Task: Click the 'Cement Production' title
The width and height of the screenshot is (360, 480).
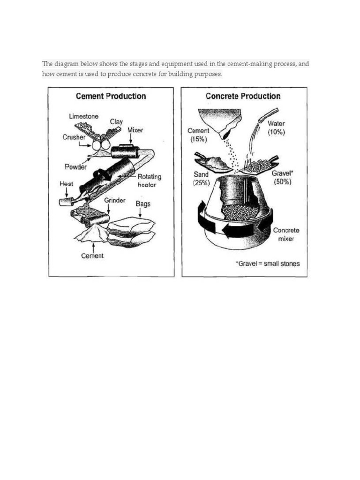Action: (111, 96)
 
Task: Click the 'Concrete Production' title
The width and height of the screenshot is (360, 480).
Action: (243, 96)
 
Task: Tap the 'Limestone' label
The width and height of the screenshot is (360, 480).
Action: (83, 116)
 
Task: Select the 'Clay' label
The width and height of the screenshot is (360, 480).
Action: (116, 122)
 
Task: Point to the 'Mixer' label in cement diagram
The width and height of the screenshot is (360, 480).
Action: (135, 130)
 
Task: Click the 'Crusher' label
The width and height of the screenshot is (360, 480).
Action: (74, 137)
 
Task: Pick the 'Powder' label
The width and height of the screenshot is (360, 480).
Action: (75, 166)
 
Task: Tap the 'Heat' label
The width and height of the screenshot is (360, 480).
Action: (67, 184)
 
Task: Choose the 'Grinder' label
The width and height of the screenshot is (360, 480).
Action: (114, 200)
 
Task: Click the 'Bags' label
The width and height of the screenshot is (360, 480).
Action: (143, 204)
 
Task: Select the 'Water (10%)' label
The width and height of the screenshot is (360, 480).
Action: (276, 128)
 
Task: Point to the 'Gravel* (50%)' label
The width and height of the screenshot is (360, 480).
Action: (282, 177)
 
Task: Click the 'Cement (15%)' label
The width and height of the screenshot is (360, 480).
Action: (198, 135)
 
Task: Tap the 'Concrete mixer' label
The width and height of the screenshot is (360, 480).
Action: (286, 234)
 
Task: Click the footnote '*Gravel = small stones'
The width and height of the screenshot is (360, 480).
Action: (267, 263)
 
